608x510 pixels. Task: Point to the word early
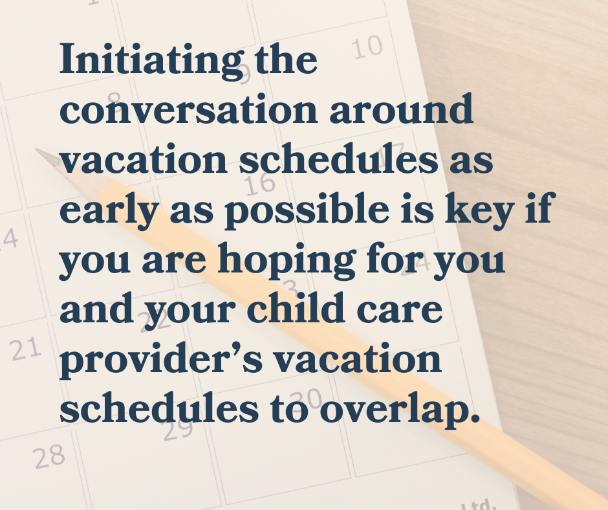[109, 211]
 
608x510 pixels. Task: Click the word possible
[307, 211]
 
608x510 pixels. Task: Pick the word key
[480, 211]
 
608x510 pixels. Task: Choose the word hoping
[287, 261]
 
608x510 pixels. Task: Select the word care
[399, 312]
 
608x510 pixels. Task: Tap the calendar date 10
[367, 47]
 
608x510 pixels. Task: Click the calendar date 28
[49, 456]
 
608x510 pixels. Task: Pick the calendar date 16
[260, 183]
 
